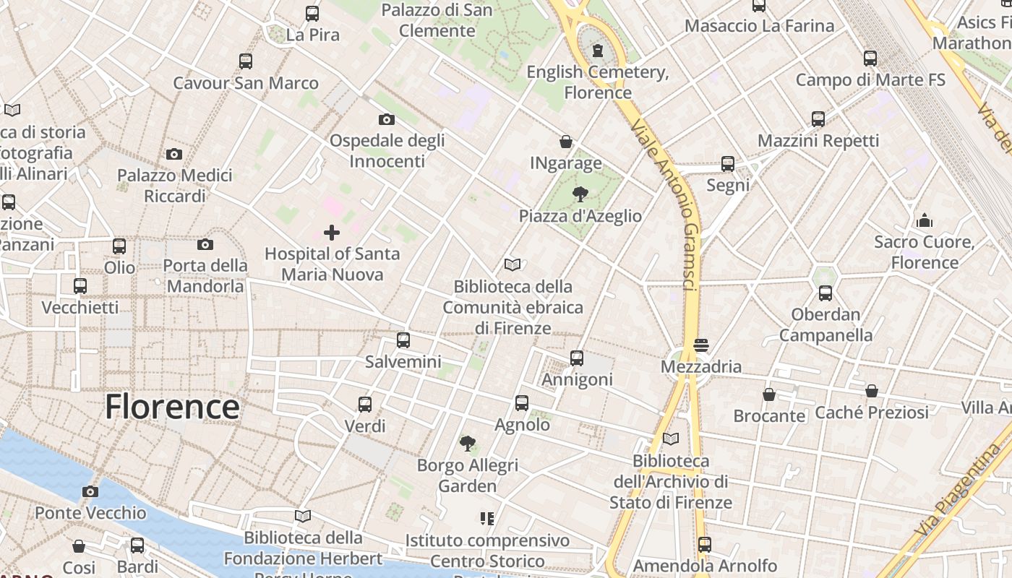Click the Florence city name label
click(x=172, y=407)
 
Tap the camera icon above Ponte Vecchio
click(x=90, y=491)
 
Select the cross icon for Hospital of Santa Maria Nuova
click(x=332, y=233)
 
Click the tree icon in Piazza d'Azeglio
click(x=580, y=194)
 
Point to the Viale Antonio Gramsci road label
click(x=663, y=205)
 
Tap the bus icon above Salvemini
click(x=403, y=340)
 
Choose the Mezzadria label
click(x=701, y=366)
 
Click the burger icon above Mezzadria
click(x=700, y=345)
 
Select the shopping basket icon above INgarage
click(x=566, y=142)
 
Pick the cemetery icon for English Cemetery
click(x=598, y=51)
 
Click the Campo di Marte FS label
click(x=870, y=79)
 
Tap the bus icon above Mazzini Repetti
click(x=818, y=119)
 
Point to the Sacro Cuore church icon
click(x=925, y=220)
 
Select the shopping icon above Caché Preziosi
click(x=872, y=391)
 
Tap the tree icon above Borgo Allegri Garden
click(x=468, y=443)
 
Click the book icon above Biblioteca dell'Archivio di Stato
click(x=671, y=439)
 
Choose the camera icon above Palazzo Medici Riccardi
click(x=174, y=154)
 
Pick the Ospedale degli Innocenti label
click(x=387, y=150)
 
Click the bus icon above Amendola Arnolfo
click(x=705, y=544)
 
